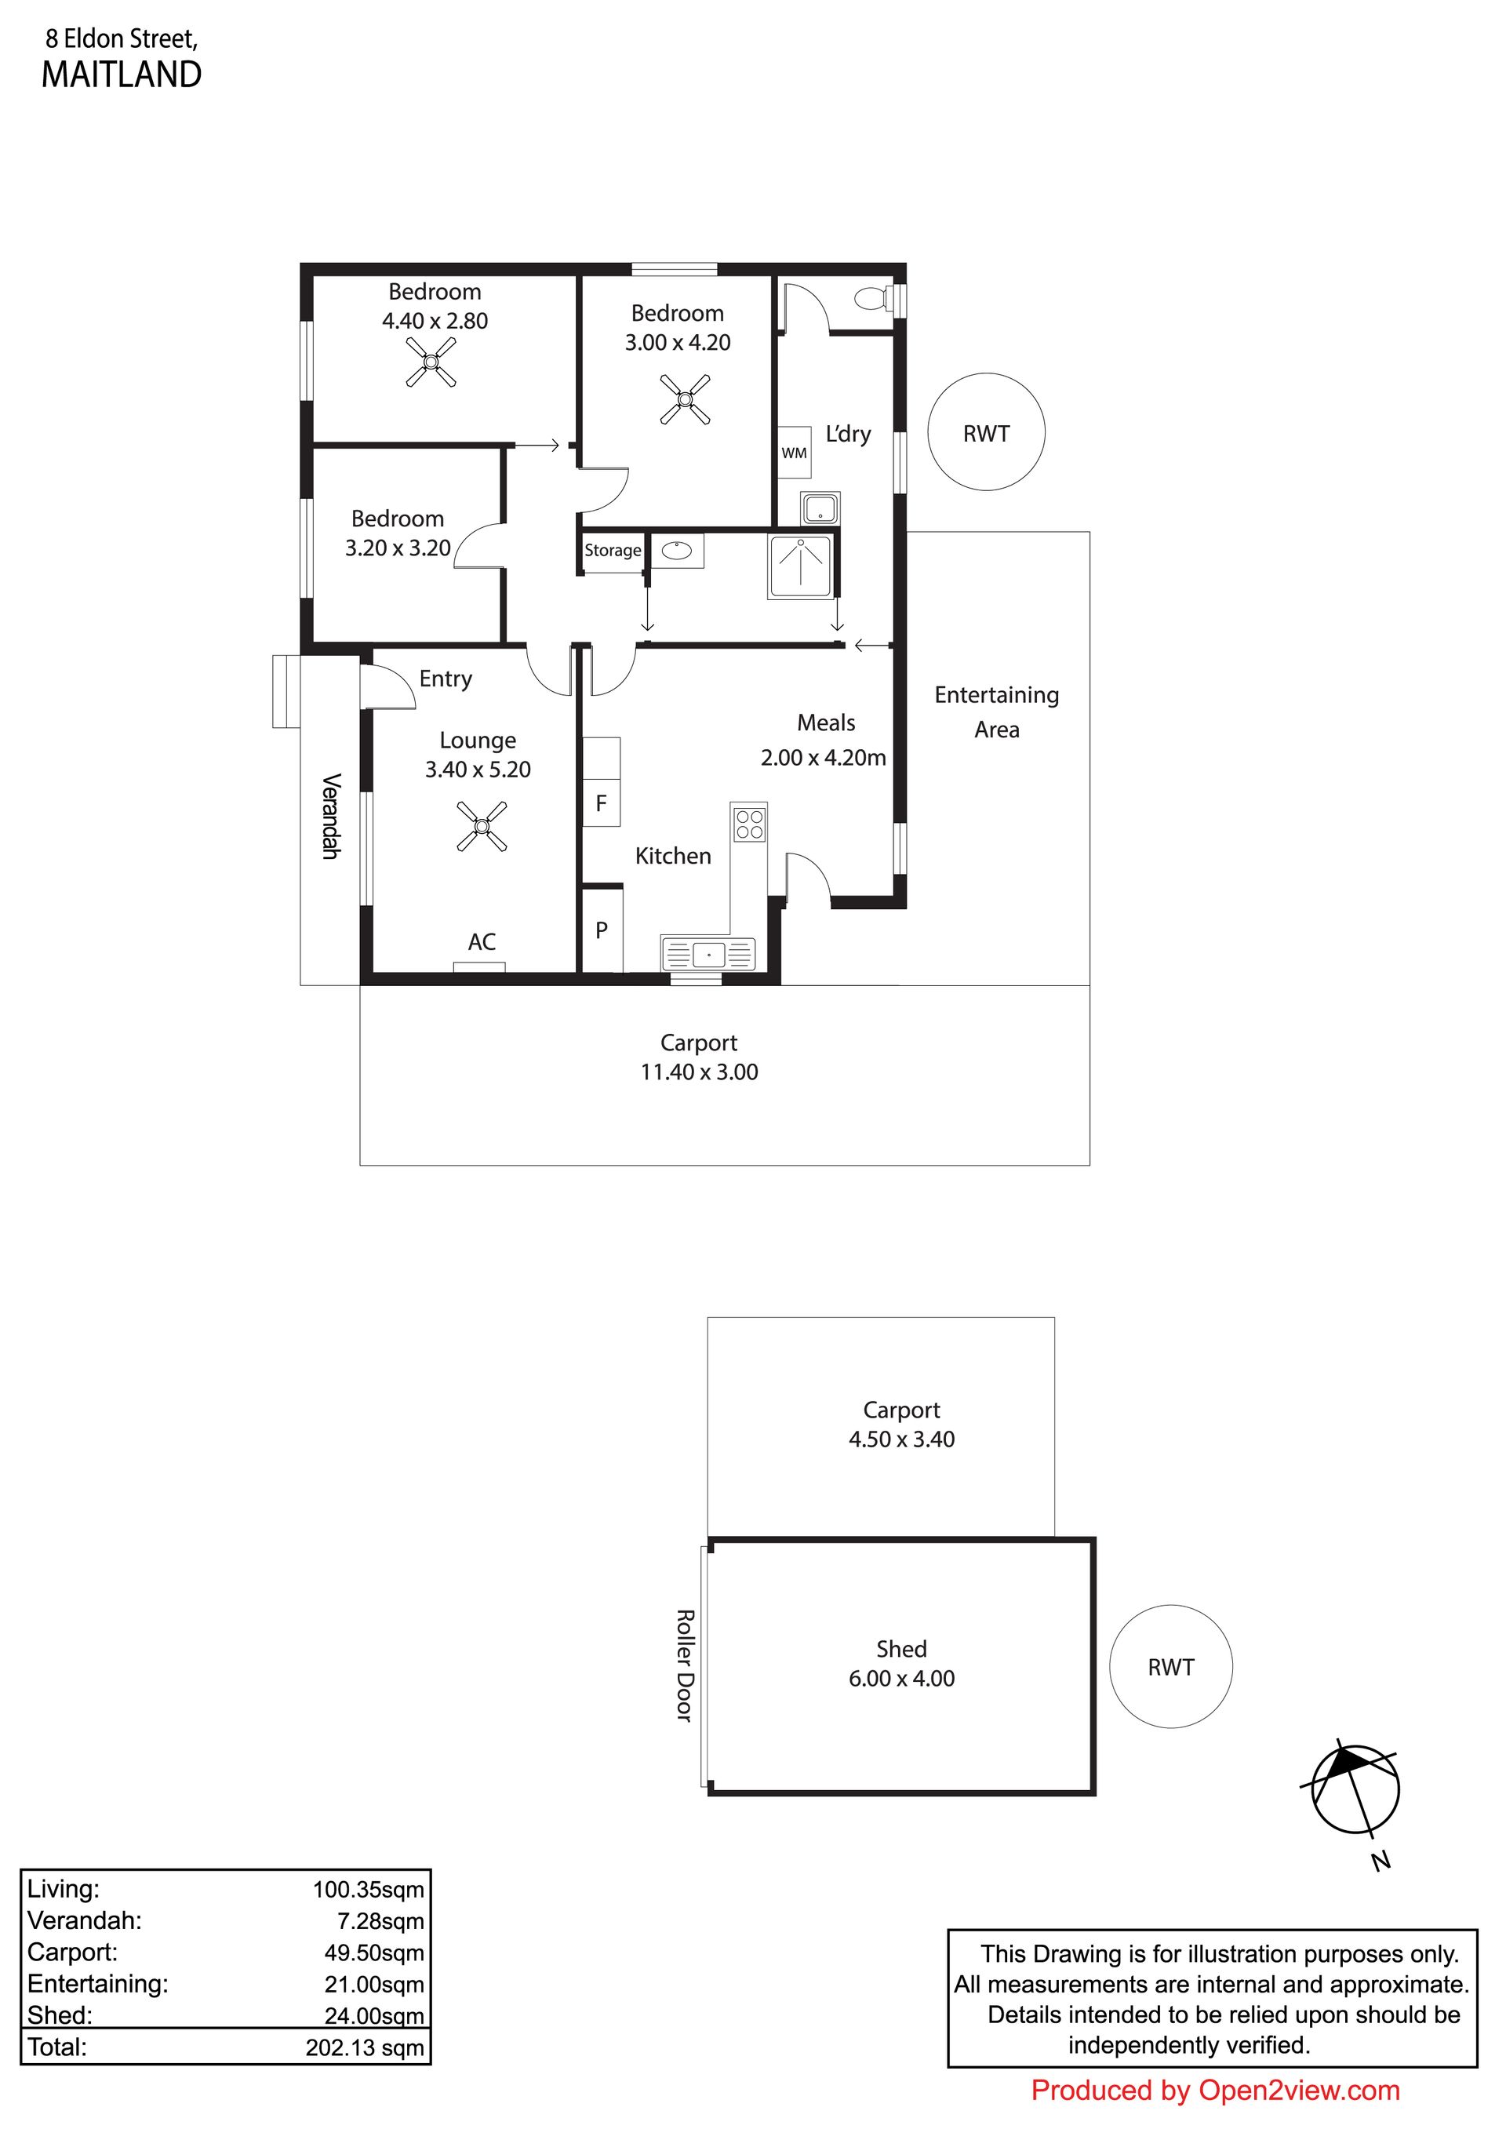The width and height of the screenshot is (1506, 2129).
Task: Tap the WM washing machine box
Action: [x=794, y=453]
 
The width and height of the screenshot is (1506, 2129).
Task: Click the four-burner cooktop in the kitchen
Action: [x=749, y=824]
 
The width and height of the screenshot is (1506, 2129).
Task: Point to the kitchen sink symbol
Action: [x=708, y=953]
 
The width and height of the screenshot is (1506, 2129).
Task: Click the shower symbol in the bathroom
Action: [x=799, y=566]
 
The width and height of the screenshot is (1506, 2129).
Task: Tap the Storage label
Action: [x=612, y=550]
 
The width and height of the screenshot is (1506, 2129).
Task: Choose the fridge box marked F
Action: [x=601, y=803]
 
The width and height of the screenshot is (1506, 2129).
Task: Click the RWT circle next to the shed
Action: [x=1170, y=1666]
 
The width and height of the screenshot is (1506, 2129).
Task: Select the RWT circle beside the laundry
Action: [x=986, y=432]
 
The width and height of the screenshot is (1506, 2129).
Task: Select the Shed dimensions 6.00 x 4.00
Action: [x=901, y=1679]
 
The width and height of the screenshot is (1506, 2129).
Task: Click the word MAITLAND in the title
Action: [x=122, y=75]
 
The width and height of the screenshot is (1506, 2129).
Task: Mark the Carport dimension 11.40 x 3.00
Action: [x=699, y=1072]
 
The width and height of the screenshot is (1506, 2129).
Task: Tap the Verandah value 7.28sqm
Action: [x=380, y=1921]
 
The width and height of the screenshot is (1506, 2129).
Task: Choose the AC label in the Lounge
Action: [x=482, y=942]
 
